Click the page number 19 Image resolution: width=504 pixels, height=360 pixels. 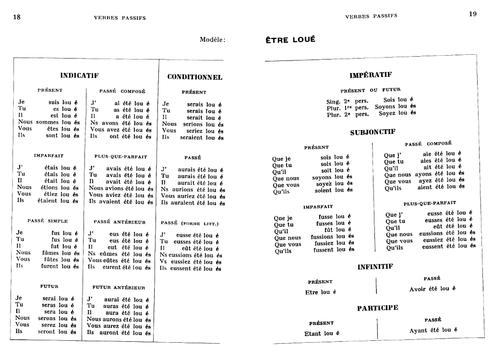(473, 14)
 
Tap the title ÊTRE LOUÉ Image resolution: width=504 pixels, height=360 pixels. (290, 40)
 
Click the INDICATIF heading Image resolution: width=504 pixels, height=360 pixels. (79, 75)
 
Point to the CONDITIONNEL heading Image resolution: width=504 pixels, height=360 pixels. (194, 77)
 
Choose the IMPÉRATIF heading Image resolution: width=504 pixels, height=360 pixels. (371, 75)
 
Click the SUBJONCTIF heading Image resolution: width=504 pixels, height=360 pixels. (372, 132)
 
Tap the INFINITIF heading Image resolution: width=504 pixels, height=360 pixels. (375, 267)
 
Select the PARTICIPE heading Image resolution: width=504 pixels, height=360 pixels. (377, 308)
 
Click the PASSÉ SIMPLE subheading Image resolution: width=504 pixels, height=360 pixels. (48, 221)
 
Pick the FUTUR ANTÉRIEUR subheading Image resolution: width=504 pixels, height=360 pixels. (119, 288)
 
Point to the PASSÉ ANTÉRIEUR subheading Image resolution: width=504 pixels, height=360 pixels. (120, 222)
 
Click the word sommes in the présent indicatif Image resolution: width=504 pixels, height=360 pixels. (47, 122)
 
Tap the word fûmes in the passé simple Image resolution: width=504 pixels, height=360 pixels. (50, 252)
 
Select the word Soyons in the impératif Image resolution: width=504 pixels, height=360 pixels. (384, 107)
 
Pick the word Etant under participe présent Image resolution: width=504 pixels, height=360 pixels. (313, 334)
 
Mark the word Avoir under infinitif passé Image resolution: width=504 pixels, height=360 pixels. (418, 289)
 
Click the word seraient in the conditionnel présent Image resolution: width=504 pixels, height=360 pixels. (191, 137)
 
